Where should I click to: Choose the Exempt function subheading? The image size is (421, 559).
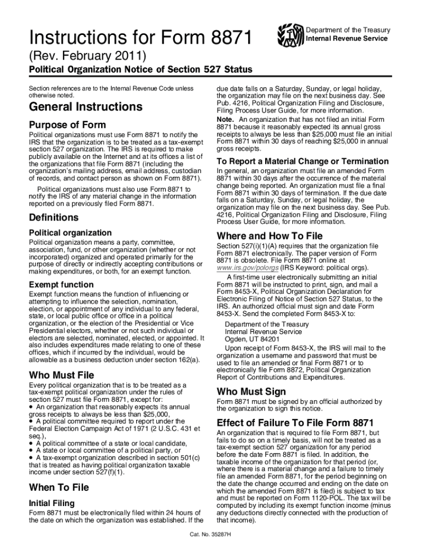pos(61,285)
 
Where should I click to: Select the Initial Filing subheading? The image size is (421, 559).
pos(55,503)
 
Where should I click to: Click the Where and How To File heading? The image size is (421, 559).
pos(270,236)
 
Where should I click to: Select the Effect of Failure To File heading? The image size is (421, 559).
pos(295,423)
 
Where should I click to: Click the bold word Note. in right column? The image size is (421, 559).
pos(225,120)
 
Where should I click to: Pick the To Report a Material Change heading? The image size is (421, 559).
pos(302,162)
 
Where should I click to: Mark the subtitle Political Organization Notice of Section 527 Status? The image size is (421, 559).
pos(141,70)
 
